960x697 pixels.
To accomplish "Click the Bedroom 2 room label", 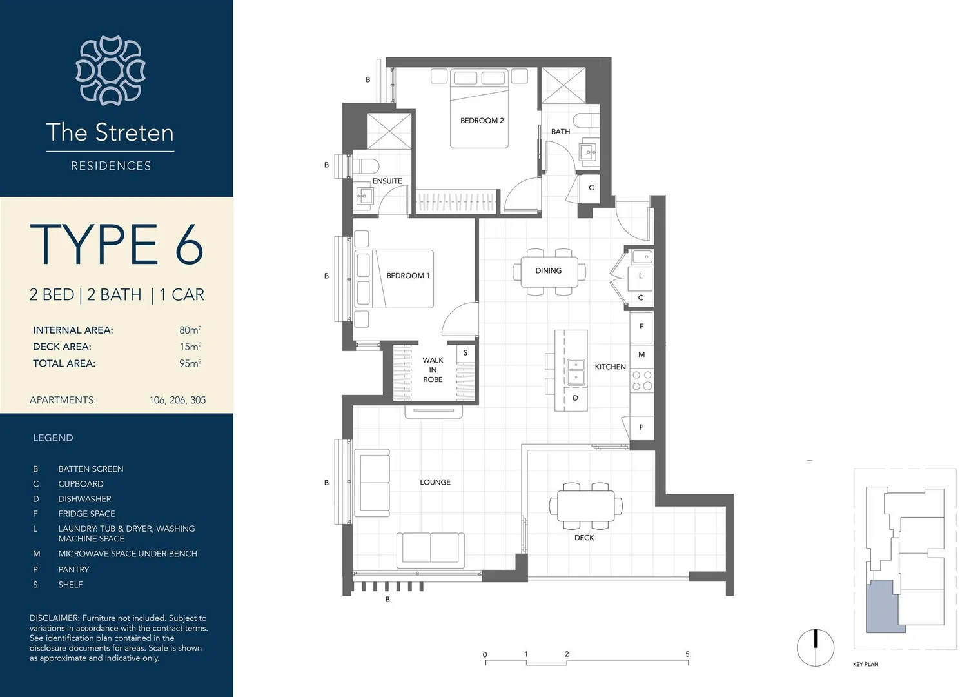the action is [482, 121].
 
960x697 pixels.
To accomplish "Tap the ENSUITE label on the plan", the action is [387, 181].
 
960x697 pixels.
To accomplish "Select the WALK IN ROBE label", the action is [433, 370].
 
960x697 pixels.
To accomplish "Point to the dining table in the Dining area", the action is [549, 272].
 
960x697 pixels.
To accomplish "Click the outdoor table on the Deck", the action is [586, 506].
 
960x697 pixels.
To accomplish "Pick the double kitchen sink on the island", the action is [576, 372].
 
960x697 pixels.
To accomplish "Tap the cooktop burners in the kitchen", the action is [642, 381].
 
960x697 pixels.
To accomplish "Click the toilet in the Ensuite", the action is [365, 167].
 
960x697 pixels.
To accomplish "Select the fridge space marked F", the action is [641, 327].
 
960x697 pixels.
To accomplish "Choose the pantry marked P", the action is [641, 427].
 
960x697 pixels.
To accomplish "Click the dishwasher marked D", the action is [575, 398].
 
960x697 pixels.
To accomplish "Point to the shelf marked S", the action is [465, 354].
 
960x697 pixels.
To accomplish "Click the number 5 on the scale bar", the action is [687, 654].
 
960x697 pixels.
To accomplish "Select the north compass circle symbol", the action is [815, 648].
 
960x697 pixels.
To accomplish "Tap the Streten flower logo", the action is [111, 70].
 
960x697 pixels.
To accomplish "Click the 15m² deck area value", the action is [190, 347].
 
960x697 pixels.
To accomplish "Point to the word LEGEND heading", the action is [53, 438].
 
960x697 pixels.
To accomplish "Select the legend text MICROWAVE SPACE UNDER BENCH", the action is [128, 554].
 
